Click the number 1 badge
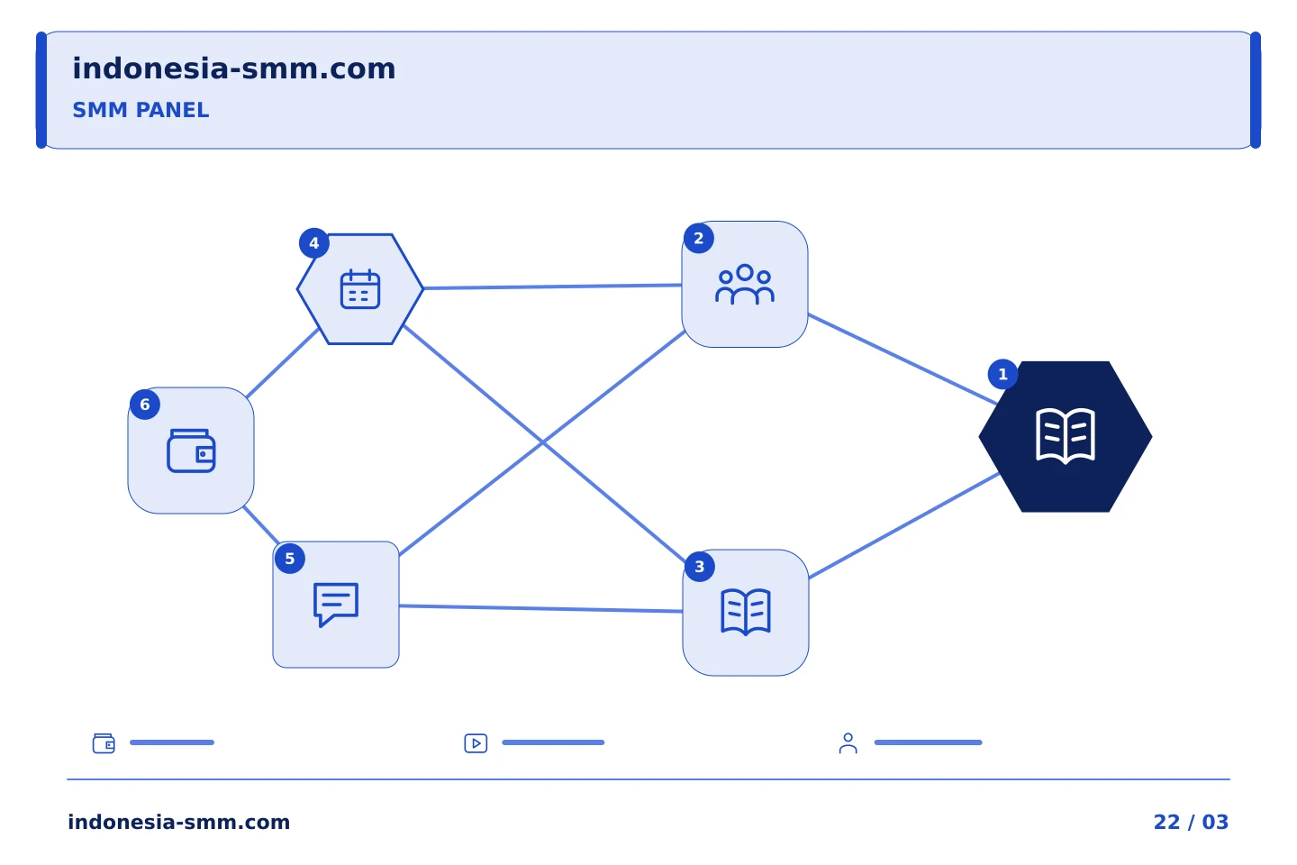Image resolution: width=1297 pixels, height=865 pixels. tap(1002, 374)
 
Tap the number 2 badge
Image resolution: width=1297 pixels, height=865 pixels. tap(698, 238)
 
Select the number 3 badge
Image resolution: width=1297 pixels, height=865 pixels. tap(700, 567)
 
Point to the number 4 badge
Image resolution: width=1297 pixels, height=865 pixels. tap(313, 242)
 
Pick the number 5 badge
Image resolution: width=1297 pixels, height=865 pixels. tap(289, 559)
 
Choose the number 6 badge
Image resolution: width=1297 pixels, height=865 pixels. tap(145, 405)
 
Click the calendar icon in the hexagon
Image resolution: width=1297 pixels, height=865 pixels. tap(360, 289)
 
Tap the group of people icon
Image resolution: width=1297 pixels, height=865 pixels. tap(745, 285)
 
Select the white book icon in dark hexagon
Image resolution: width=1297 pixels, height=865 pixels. tap(1066, 436)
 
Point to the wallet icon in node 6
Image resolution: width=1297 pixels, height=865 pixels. tap(191, 451)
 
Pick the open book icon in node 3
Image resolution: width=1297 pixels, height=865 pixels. tap(746, 613)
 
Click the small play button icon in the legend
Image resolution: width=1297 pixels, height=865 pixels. tap(476, 743)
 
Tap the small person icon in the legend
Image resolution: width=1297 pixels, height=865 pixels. tap(848, 743)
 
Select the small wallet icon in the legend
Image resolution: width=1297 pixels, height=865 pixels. tap(104, 743)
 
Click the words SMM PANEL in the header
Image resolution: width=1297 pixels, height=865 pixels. tap(141, 110)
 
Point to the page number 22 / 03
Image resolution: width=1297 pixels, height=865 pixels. tap(1191, 822)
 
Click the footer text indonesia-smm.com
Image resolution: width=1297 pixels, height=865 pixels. tap(179, 822)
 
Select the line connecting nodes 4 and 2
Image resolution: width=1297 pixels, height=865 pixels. tap(552, 287)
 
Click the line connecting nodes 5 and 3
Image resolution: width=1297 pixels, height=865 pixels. tap(540, 608)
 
